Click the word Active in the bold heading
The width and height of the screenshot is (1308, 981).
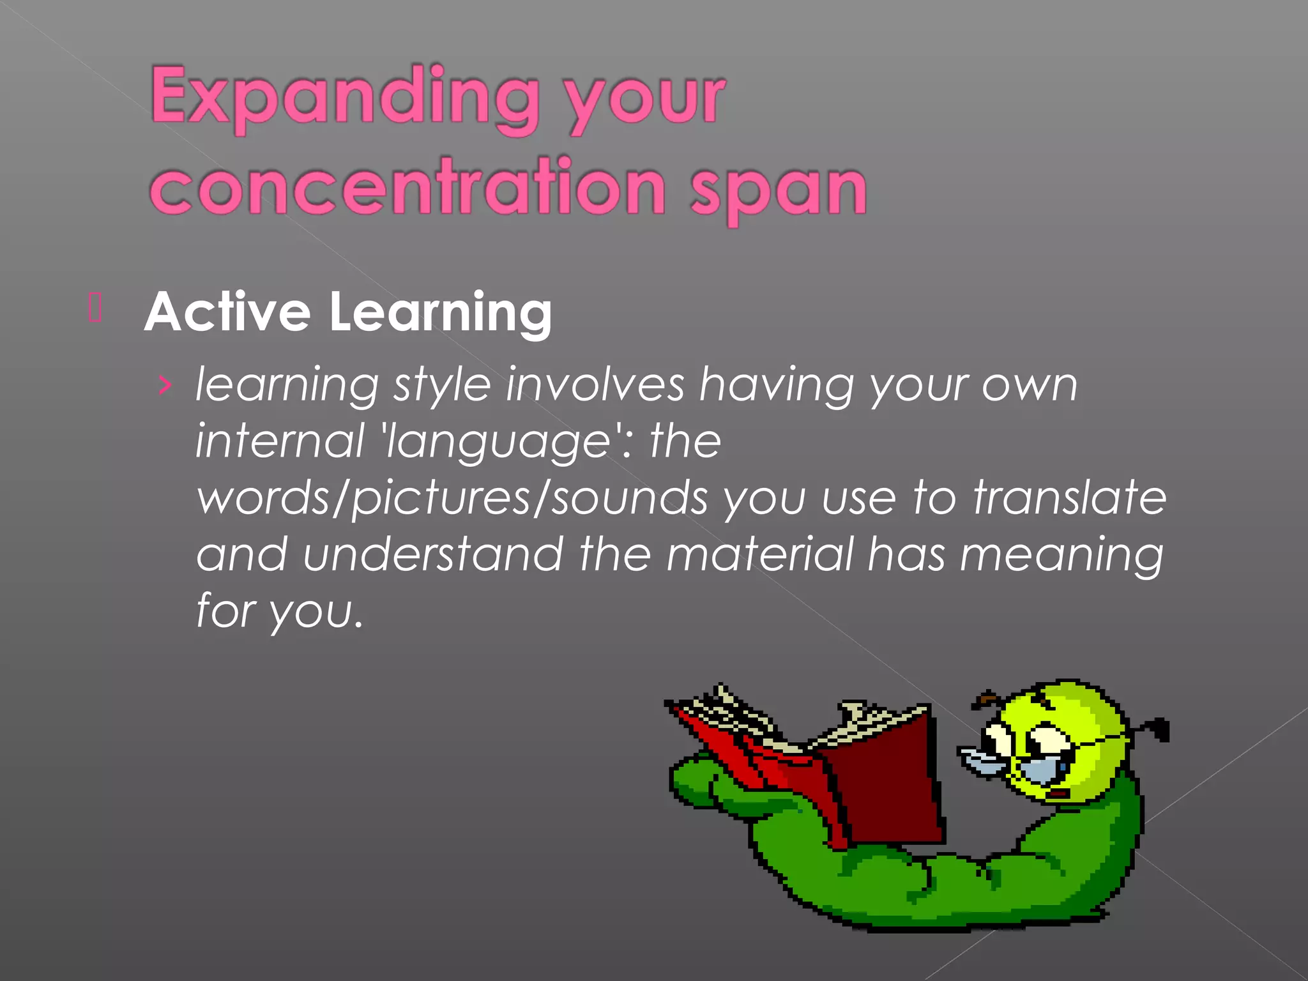(227, 312)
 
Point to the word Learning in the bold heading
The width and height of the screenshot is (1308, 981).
(440, 314)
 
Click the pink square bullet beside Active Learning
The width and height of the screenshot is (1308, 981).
(95, 307)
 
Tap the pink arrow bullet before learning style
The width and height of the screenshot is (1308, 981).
(165, 386)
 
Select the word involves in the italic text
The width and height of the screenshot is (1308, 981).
(595, 385)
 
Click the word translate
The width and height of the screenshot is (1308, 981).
(1070, 498)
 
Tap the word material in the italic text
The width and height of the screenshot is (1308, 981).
(759, 554)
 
